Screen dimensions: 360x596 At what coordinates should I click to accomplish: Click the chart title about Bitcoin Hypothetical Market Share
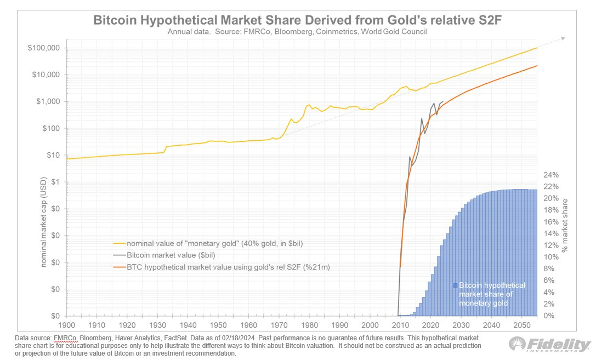click(x=298, y=20)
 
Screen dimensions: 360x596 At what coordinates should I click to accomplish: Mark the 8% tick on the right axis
click(x=549, y=269)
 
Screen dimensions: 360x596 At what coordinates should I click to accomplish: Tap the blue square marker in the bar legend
click(x=455, y=285)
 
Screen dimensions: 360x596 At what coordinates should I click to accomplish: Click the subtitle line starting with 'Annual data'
click(x=298, y=32)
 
